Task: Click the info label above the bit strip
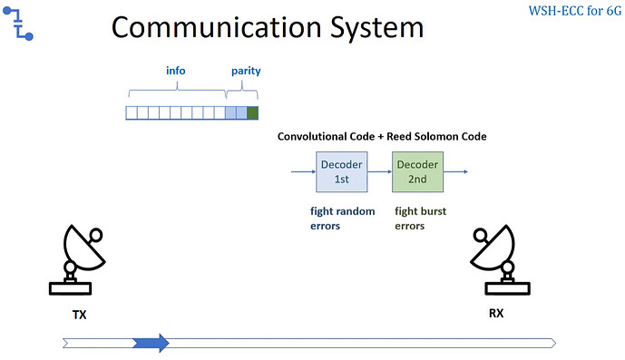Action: (x=176, y=71)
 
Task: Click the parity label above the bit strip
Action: (x=242, y=71)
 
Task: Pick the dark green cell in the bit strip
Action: (x=252, y=113)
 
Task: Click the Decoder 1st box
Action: (x=341, y=172)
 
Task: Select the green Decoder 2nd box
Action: (x=417, y=172)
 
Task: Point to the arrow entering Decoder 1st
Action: (x=301, y=171)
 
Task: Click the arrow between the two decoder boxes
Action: (x=379, y=171)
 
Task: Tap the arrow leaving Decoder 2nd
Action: (x=456, y=171)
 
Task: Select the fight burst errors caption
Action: (x=420, y=219)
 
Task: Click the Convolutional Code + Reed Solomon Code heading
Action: (x=382, y=137)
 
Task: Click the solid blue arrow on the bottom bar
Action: (x=151, y=343)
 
